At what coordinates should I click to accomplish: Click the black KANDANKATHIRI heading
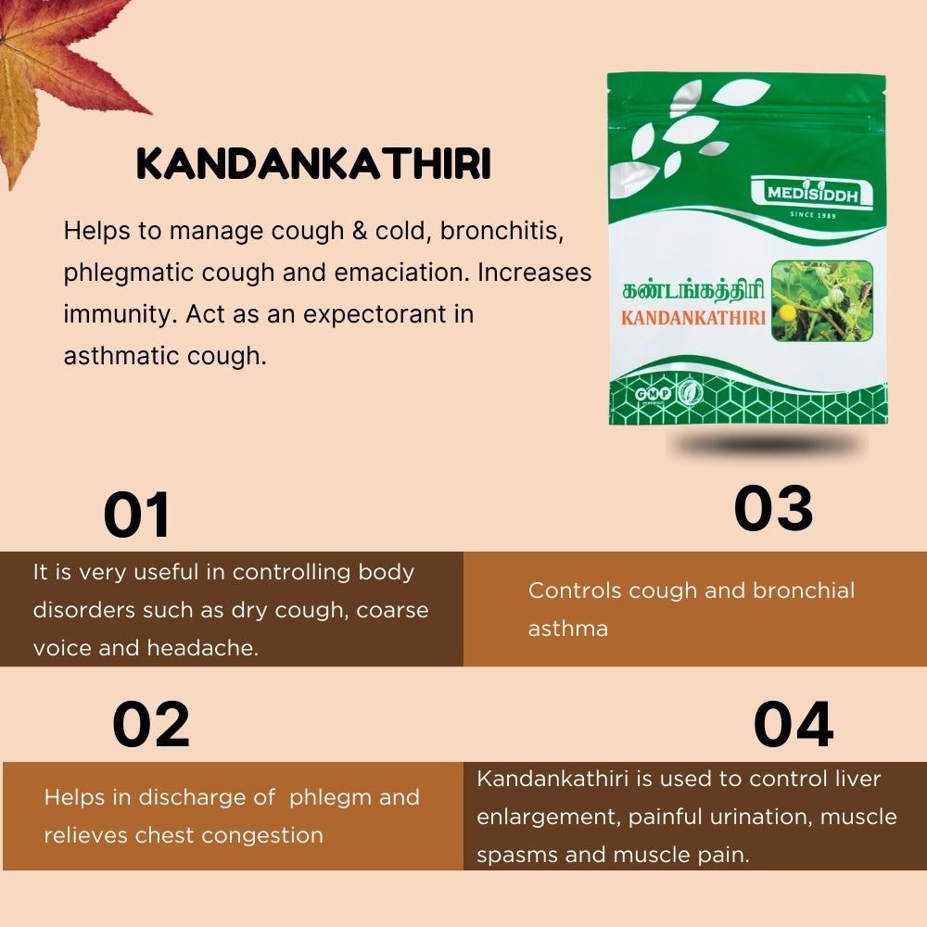pos(313,165)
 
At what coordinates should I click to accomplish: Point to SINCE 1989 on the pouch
pos(814,215)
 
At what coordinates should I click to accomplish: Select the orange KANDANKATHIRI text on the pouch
pos(693,318)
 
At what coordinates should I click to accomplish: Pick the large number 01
pos(137,514)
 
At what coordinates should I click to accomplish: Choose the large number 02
pos(151,725)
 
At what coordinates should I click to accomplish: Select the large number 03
pos(773,508)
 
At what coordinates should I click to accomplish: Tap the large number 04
pos(793,725)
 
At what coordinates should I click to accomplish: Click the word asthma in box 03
pos(567,629)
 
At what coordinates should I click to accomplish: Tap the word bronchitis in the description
pos(502,230)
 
